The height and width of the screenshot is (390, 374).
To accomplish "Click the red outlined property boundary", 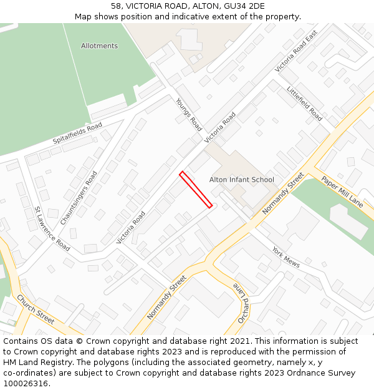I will coord(196,188).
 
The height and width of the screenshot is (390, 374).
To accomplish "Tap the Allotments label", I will coord(99,46).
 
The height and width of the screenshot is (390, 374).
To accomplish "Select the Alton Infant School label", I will coord(241,180).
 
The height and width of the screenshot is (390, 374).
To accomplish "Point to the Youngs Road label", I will coord(188,111).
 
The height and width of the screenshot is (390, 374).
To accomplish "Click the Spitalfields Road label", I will coord(77,133).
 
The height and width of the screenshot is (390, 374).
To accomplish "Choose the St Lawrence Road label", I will coord(52,229).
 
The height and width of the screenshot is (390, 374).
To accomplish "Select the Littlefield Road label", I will coord(304,104).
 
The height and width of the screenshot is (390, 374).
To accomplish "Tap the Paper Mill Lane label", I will coord(342,192).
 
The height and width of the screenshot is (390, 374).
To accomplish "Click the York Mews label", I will coord(285,256).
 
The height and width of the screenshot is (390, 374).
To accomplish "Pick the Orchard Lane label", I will coord(242,303).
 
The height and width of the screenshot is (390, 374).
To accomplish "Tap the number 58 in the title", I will coord(116,6).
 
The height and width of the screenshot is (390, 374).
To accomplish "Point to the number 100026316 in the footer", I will coord(26,384).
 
